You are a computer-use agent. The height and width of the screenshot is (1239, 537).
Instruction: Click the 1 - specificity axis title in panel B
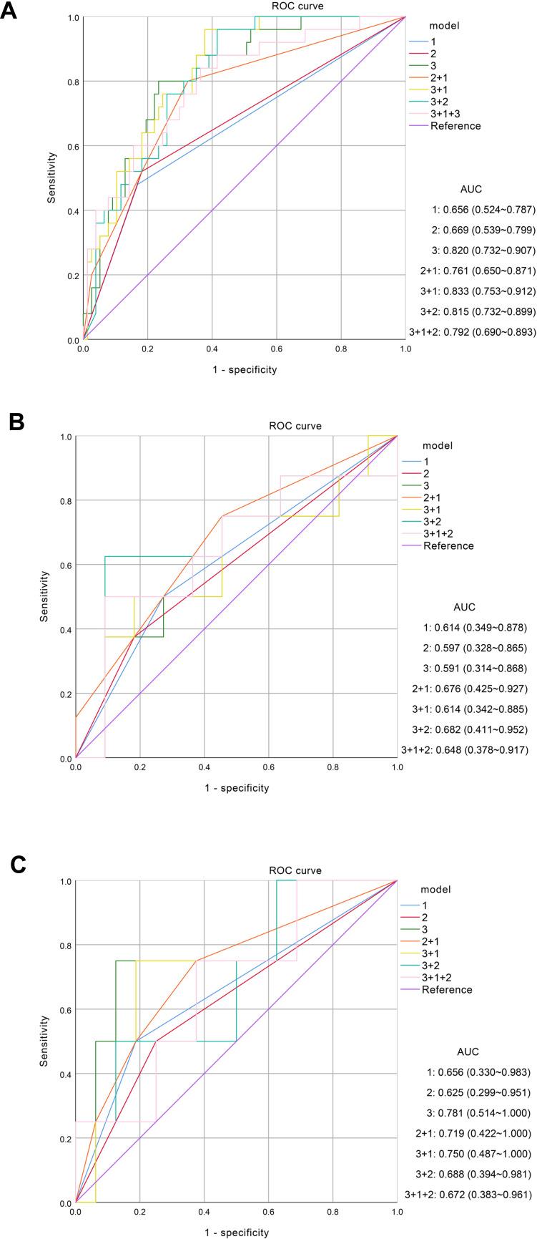click(x=236, y=788)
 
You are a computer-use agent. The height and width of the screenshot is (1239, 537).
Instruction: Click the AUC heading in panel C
click(x=468, y=1051)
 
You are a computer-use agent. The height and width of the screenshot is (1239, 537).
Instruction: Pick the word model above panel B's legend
click(x=437, y=445)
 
